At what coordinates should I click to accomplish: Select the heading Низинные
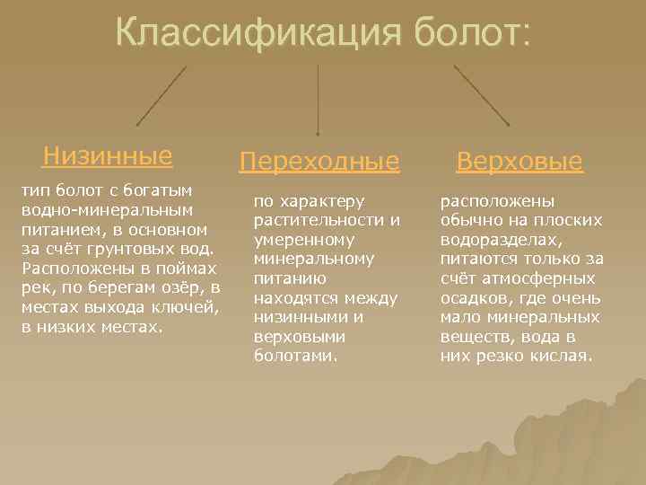pyautogui.click(x=107, y=156)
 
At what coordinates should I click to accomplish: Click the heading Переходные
pyautogui.click(x=319, y=162)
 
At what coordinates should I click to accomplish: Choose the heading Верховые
pyautogui.click(x=519, y=162)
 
